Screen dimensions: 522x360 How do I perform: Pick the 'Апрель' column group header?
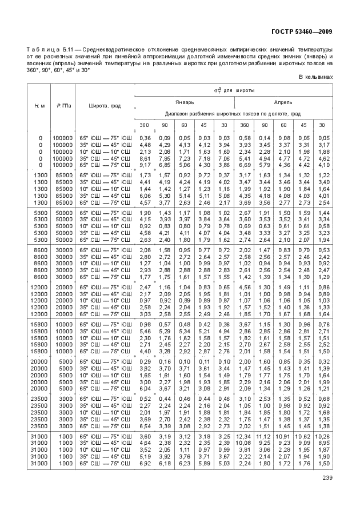pos(283,102)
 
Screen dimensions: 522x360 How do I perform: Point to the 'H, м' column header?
pos(39,106)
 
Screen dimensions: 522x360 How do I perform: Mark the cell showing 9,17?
pos(145,165)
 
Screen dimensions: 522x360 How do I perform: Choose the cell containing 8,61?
pos(145,158)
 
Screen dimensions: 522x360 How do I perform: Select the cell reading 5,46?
pos(145,330)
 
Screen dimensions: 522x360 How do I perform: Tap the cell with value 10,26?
pos(324,436)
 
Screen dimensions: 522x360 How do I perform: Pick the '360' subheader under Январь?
pos(145,125)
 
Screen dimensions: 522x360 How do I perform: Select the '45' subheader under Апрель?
pos(303,125)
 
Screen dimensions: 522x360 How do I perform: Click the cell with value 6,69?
pos(244,165)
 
